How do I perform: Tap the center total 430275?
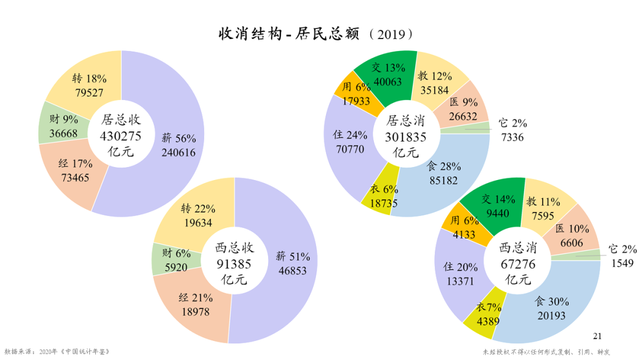tap(121, 136)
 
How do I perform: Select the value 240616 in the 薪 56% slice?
tap(179, 152)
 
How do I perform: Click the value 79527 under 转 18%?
tap(89, 92)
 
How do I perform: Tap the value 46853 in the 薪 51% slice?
tap(293, 271)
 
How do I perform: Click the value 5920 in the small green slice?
tap(176, 268)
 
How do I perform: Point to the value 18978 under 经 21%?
tap(196, 311)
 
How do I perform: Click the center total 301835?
tap(406, 137)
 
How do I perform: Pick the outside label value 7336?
tap(511, 137)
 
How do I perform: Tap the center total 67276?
tap(518, 263)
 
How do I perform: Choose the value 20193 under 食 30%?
tap(551, 316)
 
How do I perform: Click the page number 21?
tap(597, 336)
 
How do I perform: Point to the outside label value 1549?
tap(622, 263)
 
